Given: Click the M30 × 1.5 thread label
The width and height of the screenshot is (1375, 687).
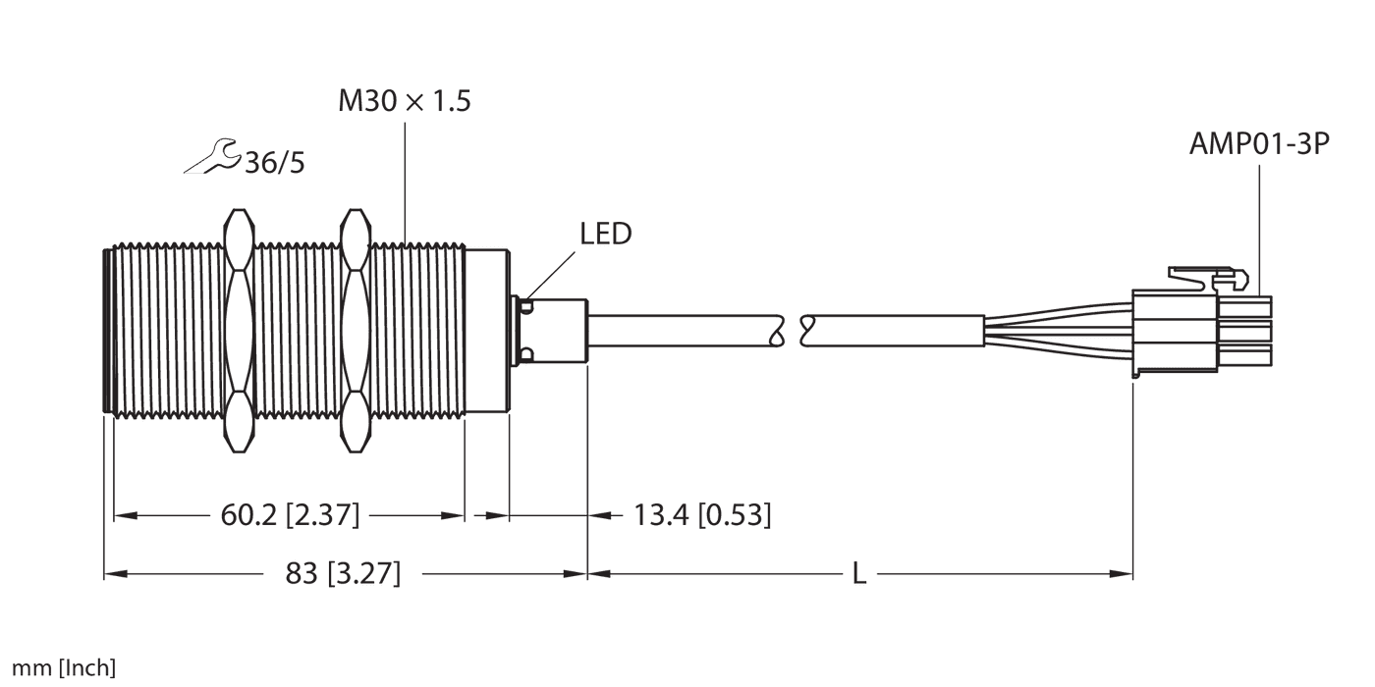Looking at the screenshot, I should [404, 101].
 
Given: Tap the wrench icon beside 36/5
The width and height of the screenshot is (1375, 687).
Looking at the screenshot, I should [210, 158].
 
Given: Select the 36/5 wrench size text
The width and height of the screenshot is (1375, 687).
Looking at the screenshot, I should [274, 163].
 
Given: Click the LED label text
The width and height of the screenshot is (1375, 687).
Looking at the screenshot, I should [605, 235].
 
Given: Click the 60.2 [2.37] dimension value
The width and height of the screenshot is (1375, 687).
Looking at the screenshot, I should [290, 514].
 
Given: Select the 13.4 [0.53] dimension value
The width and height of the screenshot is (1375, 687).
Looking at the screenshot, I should [701, 514].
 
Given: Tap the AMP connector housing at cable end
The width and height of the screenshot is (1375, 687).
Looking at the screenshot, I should [1200, 332].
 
